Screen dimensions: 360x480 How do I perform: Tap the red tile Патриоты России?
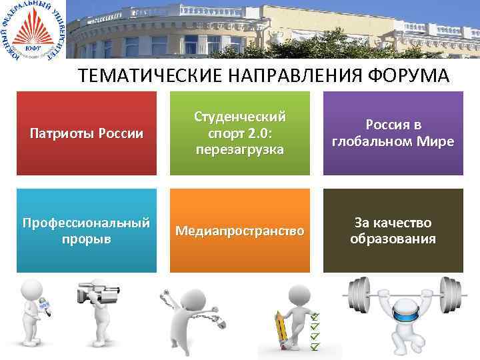(x=87, y=133)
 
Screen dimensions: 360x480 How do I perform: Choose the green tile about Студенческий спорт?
(x=240, y=133)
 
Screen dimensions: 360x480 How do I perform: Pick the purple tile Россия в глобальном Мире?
(x=393, y=133)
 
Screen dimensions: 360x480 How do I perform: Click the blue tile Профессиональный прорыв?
(x=87, y=231)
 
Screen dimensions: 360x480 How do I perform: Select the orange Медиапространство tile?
(x=240, y=231)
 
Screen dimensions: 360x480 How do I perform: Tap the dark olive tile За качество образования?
(x=393, y=231)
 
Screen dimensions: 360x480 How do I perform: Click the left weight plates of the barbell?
(x=357, y=296)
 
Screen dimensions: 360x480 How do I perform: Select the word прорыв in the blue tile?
(x=87, y=239)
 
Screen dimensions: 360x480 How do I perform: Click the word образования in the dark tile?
(x=393, y=239)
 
